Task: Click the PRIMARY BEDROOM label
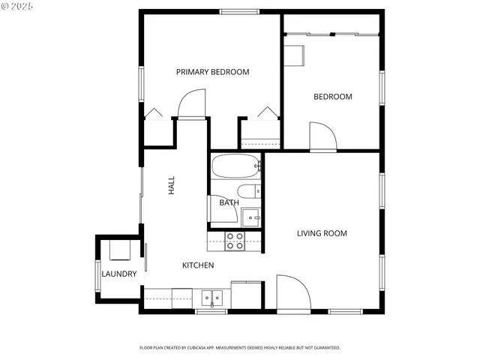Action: tap(212, 72)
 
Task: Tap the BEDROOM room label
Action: tap(332, 97)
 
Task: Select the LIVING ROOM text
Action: tap(322, 233)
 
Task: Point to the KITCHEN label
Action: tap(198, 265)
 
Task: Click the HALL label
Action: tap(171, 186)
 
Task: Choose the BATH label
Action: tap(229, 202)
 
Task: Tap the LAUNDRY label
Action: tap(119, 274)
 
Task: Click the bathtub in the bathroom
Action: tap(235, 166)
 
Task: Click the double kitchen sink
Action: tap(214, 298)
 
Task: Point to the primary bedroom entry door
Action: tap(192, 104)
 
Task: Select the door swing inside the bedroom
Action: tap(322, 136)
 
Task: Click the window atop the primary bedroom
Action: tap(238, 10)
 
